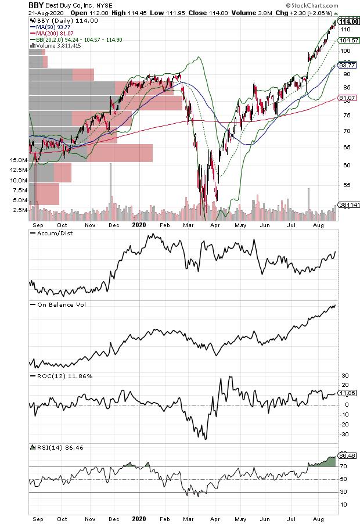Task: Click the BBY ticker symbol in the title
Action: [x=37, y=5]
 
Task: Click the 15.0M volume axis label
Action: [x=19, y=160]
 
